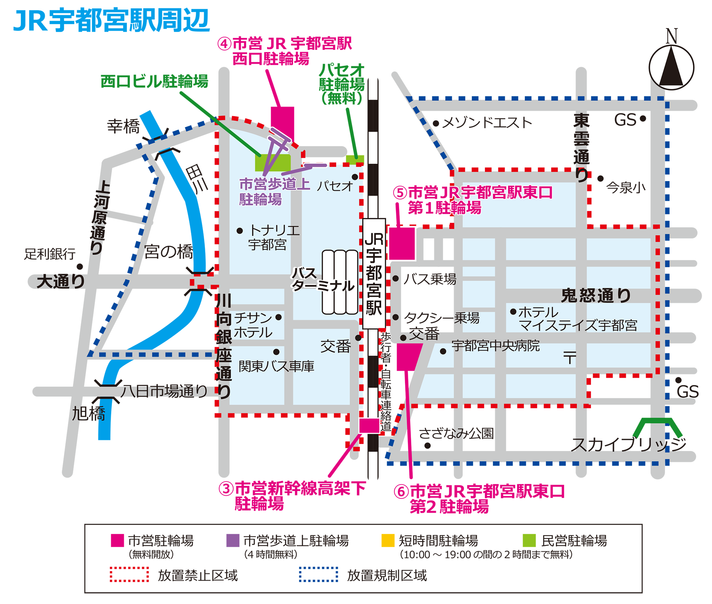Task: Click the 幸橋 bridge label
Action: coord(123,126)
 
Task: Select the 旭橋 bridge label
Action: coord(89,414)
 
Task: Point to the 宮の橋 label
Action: coord(169,252)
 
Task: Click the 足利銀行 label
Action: coord(50,254)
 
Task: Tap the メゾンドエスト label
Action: coord(487,123)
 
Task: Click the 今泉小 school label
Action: coord(626,187)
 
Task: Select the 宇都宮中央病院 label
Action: coord(496,346)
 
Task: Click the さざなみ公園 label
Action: coord(456,434)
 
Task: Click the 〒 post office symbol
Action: coord(570,358)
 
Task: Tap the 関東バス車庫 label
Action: coord(276,366)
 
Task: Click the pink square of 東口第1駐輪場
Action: coord(402,243)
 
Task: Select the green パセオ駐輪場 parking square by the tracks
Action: coord(354,159)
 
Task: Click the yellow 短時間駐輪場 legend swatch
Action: coord(388,540)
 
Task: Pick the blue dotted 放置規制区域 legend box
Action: coord(318,575)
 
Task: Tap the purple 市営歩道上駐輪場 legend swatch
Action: coord(233,540)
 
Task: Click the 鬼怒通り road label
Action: coord(596,295)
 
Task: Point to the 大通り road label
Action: coord(61,282)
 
